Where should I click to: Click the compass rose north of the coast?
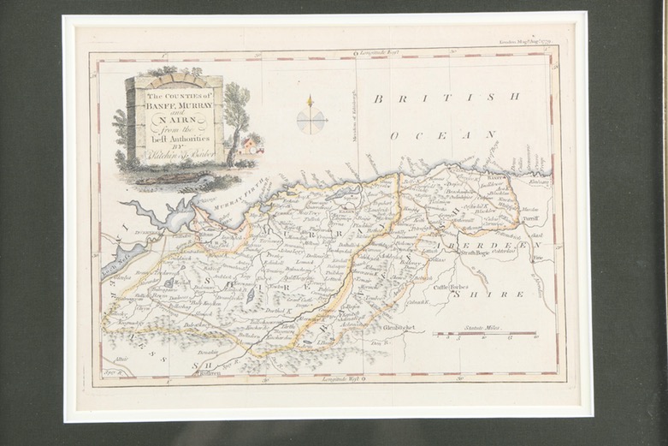[310, 118]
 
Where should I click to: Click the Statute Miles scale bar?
[484, 334]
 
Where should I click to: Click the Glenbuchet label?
[399, 326]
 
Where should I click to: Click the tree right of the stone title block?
[235, 116]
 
